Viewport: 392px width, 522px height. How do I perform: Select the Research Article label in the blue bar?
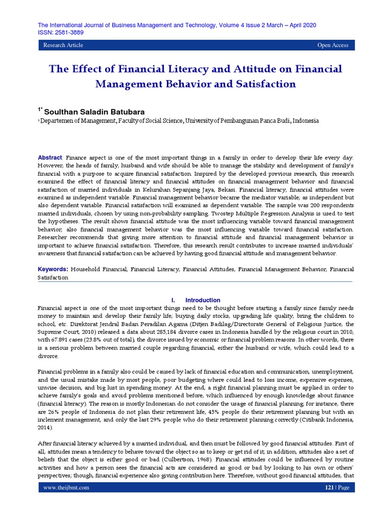point(63,45)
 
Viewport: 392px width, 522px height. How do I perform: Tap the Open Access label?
point(333,45)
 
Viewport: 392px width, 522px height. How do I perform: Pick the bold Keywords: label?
point(54,269)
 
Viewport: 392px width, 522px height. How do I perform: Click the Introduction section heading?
point(203,300)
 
